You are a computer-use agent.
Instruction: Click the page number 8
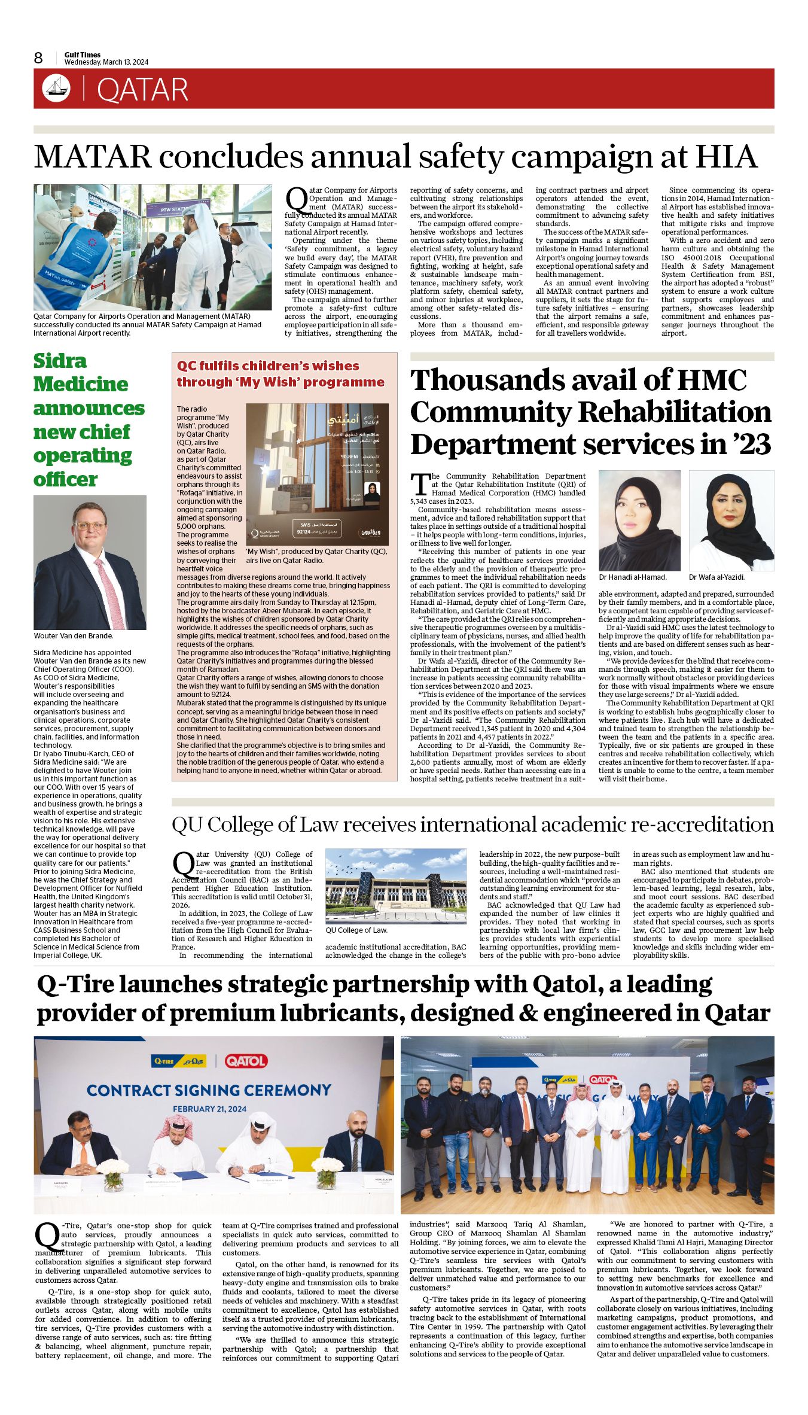[x=38, y=58]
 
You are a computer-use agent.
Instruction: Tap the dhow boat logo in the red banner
[x=56, y=89]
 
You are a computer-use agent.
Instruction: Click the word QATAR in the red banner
[x=142, y=90]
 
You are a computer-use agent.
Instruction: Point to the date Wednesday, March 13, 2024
[x=106, y=62]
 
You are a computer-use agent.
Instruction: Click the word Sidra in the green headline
[x=60, y=361]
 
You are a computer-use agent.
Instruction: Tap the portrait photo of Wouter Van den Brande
[x=90, y=562]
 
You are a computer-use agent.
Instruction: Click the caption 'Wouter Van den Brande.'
[x=73, y=635]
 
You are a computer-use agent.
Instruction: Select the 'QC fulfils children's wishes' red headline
[x=280, y=374]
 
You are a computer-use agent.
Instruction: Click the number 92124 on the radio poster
[x=304, y=531]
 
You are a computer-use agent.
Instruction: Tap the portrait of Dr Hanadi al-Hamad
[x=639, y=521]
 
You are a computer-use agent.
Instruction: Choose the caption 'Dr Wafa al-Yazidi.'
[x=716, y=577]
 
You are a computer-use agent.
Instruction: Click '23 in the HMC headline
[x=750, y=445]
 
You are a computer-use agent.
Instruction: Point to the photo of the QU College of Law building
[x=395, y=886]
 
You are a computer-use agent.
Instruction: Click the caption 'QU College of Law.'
[x=356, y=930]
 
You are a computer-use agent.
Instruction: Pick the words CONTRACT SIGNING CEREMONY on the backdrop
[x=209, y=1090]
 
